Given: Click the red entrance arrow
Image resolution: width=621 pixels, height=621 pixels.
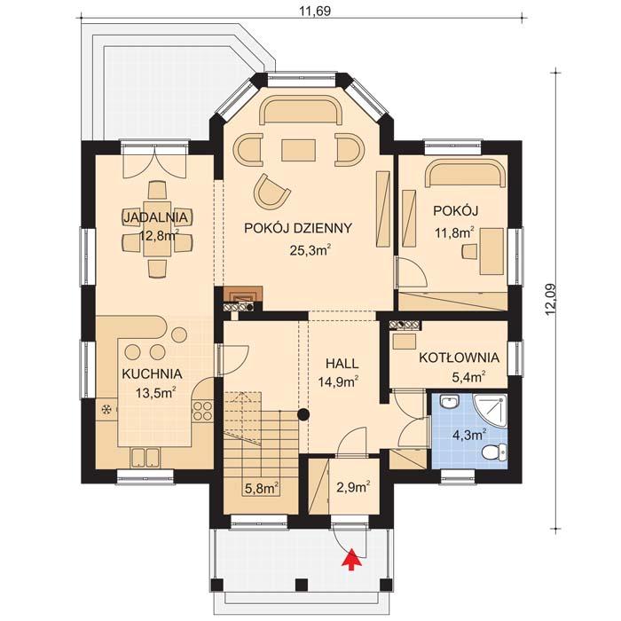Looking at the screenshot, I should click(x=352, y=558).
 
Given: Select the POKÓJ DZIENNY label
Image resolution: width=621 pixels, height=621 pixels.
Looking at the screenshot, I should click(x=298, y=228).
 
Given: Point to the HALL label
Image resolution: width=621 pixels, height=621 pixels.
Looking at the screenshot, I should click(x=342, y=364).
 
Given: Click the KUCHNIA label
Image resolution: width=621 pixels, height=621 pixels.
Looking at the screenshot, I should click(x=153, y=373).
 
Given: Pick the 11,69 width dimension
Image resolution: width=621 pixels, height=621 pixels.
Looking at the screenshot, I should click(x=310, y=12).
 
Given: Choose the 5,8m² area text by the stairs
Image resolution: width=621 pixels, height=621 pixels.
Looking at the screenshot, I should click(x=261, y=486).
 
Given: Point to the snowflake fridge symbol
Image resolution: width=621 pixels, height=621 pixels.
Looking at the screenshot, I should click(x=108, y=410).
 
